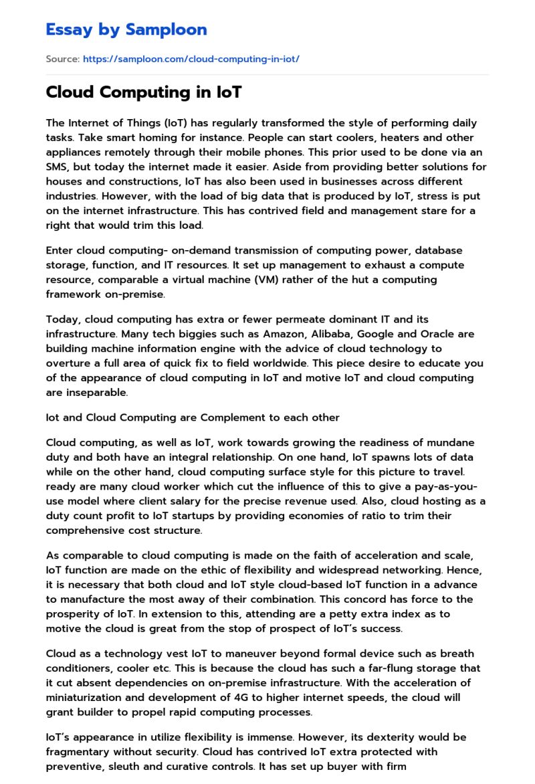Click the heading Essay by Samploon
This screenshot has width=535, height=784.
pyautogui.click(x=126, y=29)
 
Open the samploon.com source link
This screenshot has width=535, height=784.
pyautogui.click(x=191, y=59)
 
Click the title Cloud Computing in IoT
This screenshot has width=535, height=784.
pyautogui.click(x=144, y=92)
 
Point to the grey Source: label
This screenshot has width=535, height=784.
pyautogui.click(x=62, y=59)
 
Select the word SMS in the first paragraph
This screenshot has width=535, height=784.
pyautogui.click(x=57, y=167)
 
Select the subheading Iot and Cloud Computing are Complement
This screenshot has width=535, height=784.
pyautogui.click(x=193, y=417)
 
